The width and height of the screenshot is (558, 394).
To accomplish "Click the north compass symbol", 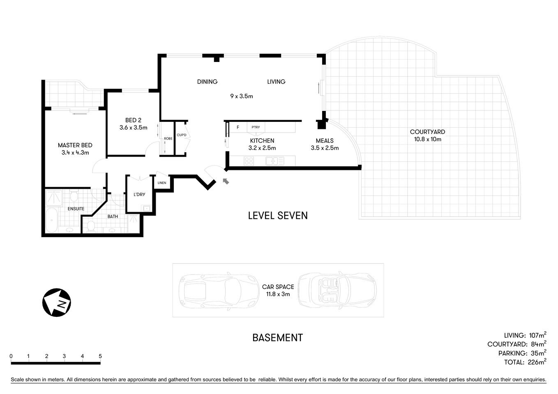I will [57, 303].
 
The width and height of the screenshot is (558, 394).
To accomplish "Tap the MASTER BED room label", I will [75, 145].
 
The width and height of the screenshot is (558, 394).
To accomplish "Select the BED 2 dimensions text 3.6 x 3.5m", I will [133, 128].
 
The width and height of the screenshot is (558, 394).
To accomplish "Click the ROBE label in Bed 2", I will [168, 139].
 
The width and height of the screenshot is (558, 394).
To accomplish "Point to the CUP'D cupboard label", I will [181, 135].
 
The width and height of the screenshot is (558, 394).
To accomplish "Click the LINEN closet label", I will [162, 183].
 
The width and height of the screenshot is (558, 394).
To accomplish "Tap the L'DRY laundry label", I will [139, 195].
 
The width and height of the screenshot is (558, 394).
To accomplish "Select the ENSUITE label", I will [76, 209].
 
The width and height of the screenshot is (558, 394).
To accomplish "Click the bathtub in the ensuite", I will [51, 221].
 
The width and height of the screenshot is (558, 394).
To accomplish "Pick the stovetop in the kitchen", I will [249, 161].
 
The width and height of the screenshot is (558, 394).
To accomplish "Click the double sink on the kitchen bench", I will [274, 161].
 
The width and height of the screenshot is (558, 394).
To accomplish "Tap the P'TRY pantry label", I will [256, 127].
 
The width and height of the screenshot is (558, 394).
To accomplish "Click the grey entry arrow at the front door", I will [226, 181].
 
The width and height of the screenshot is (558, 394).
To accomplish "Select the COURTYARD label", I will [427, 132].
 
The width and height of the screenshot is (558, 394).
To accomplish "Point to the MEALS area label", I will [325, 141].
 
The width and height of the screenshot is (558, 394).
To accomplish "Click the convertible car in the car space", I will [337, 290].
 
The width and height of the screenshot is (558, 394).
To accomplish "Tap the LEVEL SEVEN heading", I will [278, 215].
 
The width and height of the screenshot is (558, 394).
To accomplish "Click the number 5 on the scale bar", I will [100, 356].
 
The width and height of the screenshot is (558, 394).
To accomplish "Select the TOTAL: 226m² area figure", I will [525, 362].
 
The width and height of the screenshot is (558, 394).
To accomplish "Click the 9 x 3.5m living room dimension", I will [242, 96].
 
